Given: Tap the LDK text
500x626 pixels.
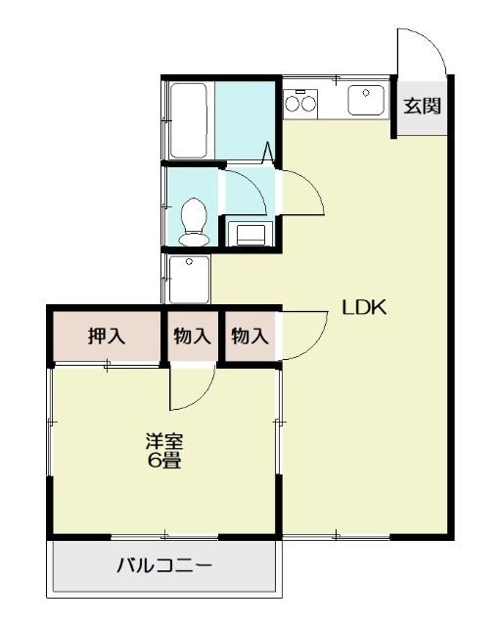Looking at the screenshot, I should (x=365, y=307).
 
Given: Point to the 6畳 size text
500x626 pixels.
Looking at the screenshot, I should (x=163, y=461).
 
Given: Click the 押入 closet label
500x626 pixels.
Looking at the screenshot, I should (x=107, y=336).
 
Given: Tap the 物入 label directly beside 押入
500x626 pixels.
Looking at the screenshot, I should (x=192, y=336).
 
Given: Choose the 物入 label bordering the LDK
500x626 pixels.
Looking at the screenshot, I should (x=250, y=336).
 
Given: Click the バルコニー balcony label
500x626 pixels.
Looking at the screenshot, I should (x=164, y=565).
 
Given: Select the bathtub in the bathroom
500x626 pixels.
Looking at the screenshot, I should (x=188, y=120).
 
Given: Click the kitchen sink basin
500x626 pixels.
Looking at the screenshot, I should (x=367, y=99).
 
